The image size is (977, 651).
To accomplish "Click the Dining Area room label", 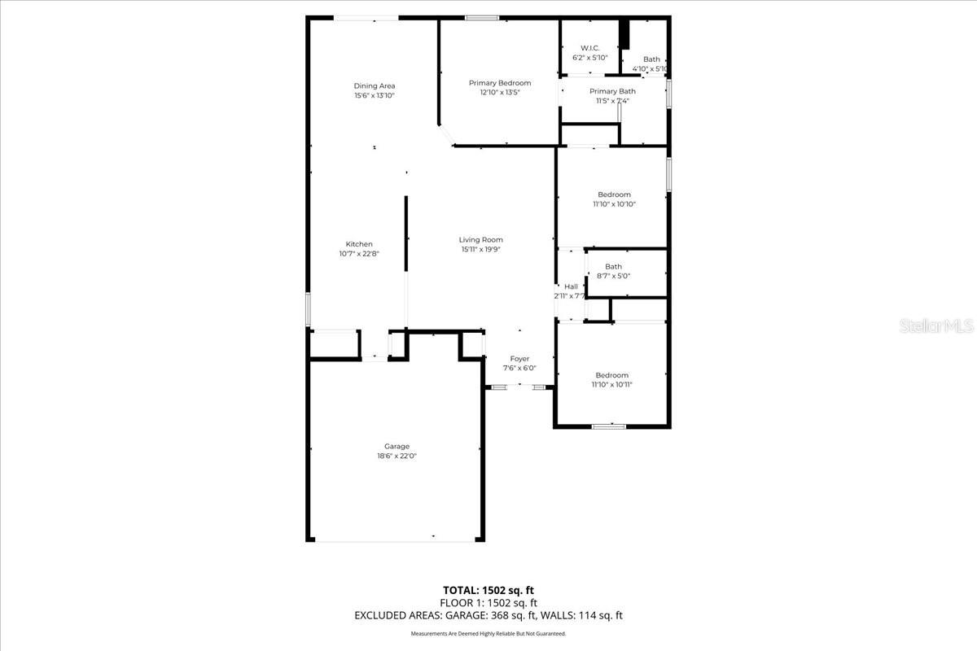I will [375, 85].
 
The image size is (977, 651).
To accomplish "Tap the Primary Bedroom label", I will [499, 83].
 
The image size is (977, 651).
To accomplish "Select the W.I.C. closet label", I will [589, 48].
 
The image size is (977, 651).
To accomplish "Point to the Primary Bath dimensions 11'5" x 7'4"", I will [612, 101].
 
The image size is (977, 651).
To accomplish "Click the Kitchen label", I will [359, 244].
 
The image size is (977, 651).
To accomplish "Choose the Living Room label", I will [480, 240].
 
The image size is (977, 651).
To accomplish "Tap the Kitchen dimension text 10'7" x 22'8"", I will [359, 254].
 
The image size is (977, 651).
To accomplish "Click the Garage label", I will [396, 446].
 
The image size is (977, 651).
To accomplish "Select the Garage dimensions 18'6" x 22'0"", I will [396, 457].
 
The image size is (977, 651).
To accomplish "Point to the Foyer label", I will [519, 359].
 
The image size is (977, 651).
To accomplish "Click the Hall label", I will [571, 286].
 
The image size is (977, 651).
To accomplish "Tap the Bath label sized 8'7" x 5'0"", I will [613, 267].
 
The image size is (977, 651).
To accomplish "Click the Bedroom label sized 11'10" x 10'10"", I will [614, 194].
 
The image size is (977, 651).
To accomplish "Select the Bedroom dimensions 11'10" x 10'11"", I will [611, 385].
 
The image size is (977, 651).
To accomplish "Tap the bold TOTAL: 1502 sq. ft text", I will [488, 590].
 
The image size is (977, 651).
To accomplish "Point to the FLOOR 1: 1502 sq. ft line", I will [488, 603].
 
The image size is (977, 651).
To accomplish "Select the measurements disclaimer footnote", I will [488, 633].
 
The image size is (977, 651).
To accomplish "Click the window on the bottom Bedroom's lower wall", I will [608, 426].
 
